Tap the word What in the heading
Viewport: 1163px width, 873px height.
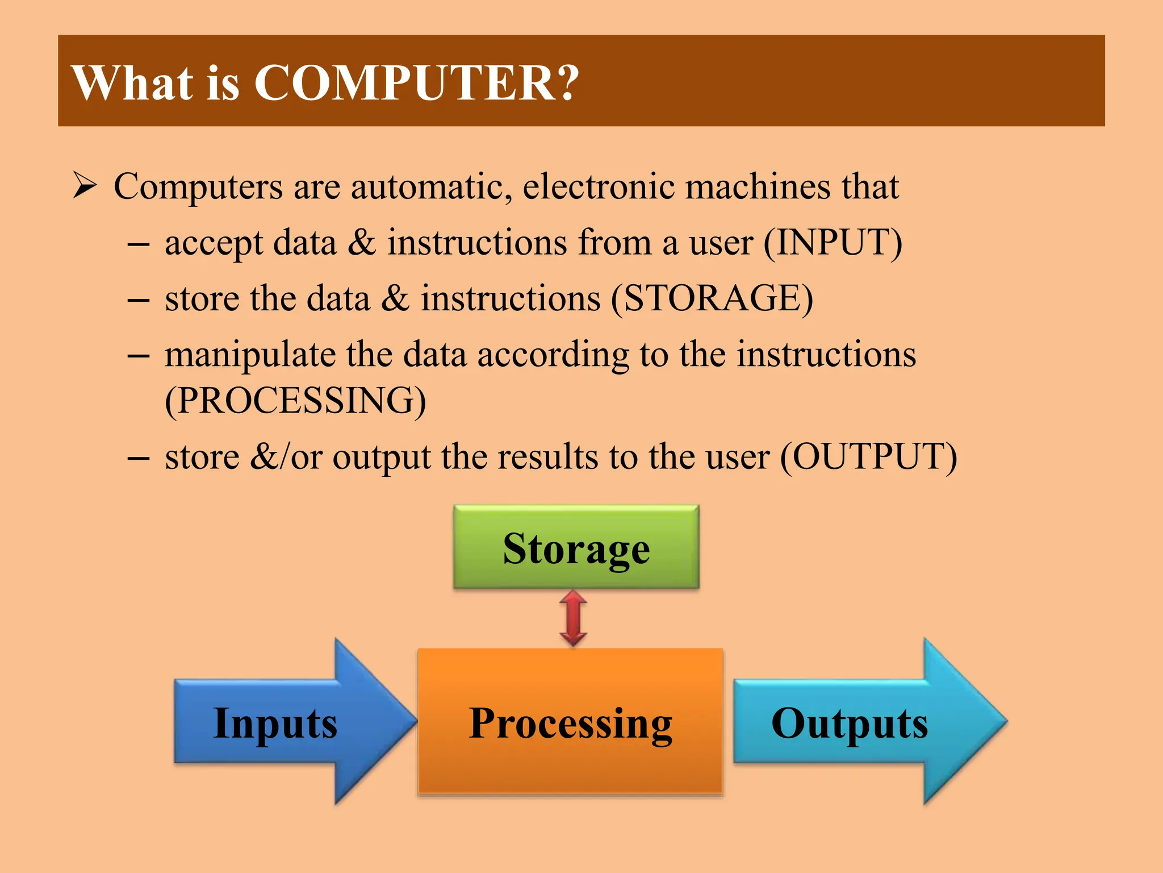(x=132, y=83)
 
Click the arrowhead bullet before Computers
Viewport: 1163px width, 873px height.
(x=85, y=186)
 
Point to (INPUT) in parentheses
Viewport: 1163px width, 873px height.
(x=832, y=243)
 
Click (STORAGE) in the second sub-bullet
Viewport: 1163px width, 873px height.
(x=712, y=298)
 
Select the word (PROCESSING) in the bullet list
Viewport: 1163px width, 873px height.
(x=295, y=401)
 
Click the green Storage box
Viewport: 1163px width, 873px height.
(x=576, y=547)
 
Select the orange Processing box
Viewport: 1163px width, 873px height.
(x=570, y=722)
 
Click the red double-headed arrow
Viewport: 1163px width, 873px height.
(x=573, y=618)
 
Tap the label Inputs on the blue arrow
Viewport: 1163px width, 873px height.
(x=275, y=723)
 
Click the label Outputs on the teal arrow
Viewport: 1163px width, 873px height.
(x=849, y=723)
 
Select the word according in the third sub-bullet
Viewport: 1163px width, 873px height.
(x=553, y=355)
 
